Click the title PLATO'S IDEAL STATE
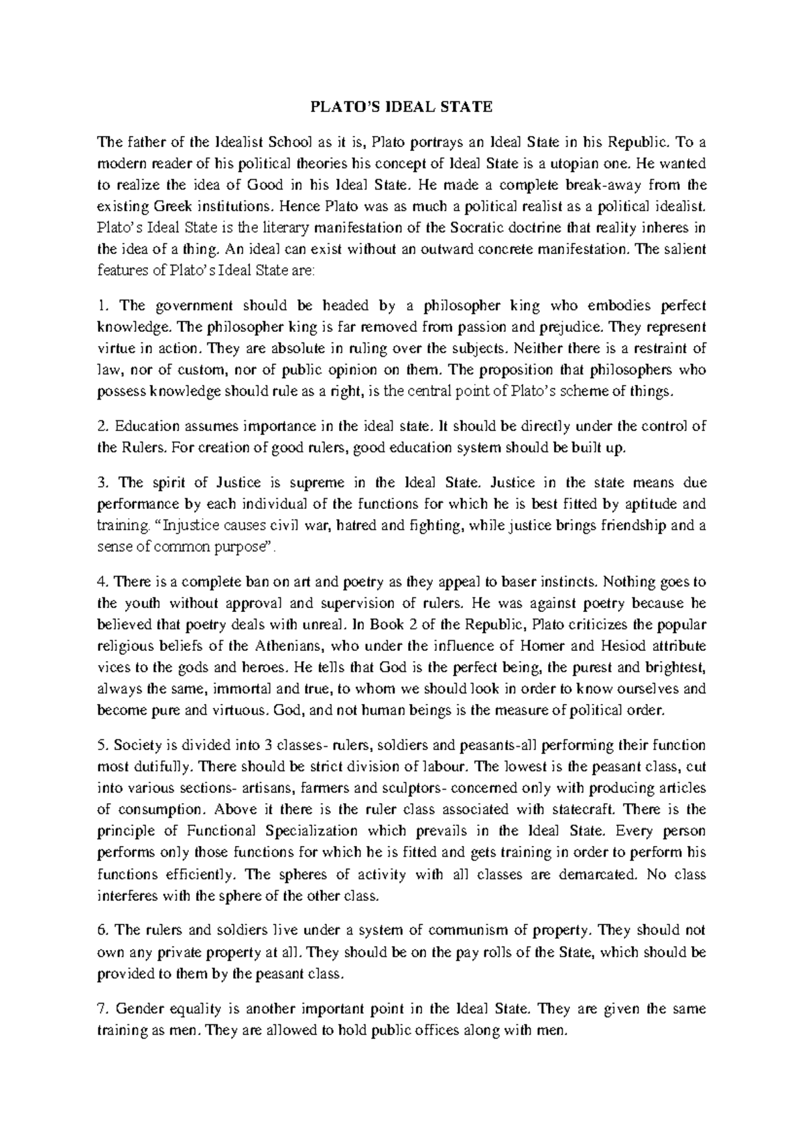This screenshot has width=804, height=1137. click(x=401, y=107)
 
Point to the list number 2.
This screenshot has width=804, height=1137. click(x=102, y=426)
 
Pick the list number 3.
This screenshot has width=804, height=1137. click(x=102, y=482)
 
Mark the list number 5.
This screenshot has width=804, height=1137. click(x=102, y=745)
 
